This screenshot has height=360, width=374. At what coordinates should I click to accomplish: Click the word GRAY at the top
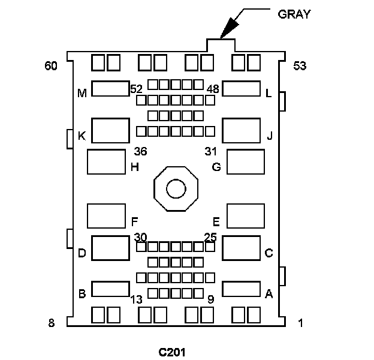click(294, 14)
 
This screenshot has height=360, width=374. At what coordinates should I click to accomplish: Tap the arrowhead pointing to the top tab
click(227, 31)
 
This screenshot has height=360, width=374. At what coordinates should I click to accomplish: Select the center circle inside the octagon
click(176, 190)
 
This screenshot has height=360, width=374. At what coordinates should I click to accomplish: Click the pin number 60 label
click(51, 66)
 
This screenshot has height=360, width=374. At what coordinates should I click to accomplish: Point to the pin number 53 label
click(300, 66)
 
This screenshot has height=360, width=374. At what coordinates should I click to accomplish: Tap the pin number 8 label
click(52, 323)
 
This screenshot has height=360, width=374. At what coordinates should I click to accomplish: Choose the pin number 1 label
click(300, 323)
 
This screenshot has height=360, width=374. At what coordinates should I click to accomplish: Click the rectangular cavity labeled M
click(111, 89)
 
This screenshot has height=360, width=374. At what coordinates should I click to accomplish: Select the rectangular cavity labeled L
click(241, 89)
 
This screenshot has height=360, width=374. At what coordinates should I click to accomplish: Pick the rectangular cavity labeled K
click(111, 131)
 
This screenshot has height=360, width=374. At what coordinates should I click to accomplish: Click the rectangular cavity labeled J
click(241, 131)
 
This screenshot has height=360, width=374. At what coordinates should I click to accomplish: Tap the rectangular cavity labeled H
click(106, 162)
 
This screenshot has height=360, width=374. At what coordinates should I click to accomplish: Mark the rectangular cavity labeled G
click(246, 162)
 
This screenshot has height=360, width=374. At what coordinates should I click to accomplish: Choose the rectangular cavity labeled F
click(106, 216)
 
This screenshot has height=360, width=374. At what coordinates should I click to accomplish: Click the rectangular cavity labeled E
click(246, 216)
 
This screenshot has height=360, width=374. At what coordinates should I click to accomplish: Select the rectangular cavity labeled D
click(111, 248)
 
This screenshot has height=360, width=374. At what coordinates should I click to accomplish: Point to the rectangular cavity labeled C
click(241, 248)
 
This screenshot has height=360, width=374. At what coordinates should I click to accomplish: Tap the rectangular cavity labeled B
click(111, 289)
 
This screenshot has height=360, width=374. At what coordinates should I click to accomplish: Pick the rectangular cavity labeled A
click(241, 289)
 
